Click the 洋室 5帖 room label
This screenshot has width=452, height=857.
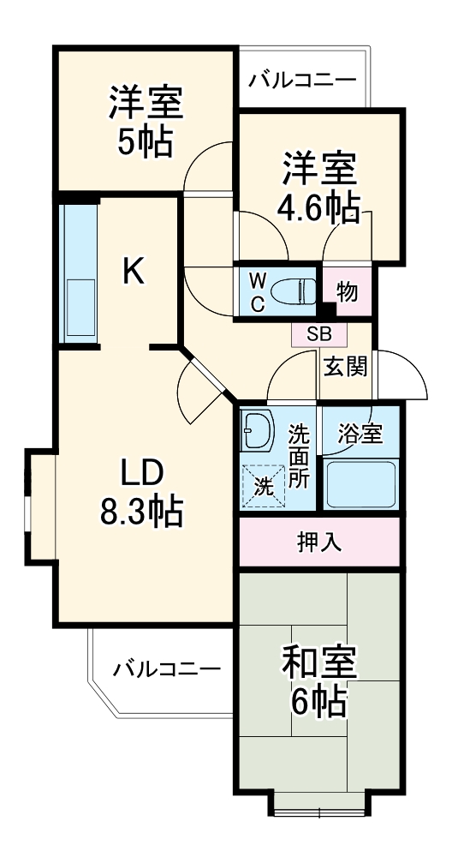[x=145, y=121]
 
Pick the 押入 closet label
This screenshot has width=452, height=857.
[x=318, y=542]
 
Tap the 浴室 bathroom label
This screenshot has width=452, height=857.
[x=359, y=434]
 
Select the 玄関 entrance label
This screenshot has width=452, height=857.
[x=346, y=366]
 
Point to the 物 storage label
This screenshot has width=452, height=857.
[x=347, y=292]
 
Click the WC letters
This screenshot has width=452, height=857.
[x=256, y=292]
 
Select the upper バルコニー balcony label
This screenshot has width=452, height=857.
[x=301, y=82]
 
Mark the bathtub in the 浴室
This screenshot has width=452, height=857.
[x=360, y=485]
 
